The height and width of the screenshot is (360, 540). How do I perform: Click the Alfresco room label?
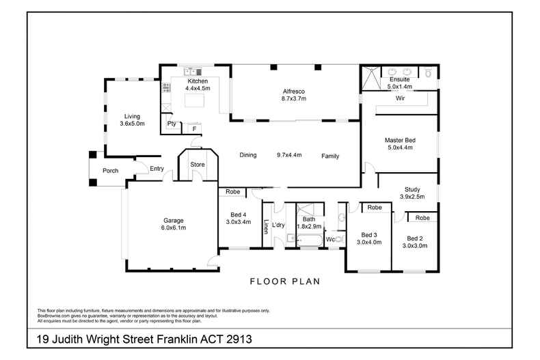click(x=294, y=91)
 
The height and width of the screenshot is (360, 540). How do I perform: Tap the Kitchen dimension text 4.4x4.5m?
click(x=198, y=88)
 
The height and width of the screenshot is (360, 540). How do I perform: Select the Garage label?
click(x=173, y=221)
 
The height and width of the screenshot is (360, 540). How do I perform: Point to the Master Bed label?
click(x=399, y=140)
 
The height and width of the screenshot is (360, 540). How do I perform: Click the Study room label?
click(x=412, y=189)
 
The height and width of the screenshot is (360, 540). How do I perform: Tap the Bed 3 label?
click(x=369, y=234)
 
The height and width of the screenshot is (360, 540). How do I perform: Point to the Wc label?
click(x=329, y=240)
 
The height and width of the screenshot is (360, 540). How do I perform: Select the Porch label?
click(x=111, y=171)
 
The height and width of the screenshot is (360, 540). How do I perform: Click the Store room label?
click(x=198, y=164)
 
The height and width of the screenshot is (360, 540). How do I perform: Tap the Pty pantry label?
click(x=172, y=124)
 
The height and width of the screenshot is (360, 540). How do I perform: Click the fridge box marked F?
click(x=194, y=128)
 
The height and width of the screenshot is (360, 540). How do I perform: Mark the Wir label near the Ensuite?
click(x=401, y=98)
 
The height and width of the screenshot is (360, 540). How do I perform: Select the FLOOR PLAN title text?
click(x=284, y=281)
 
